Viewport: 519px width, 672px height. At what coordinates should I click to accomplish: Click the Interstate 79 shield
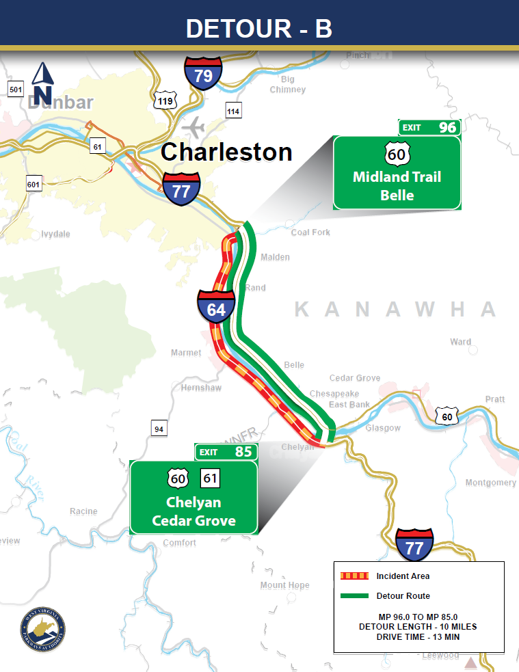(203, 75)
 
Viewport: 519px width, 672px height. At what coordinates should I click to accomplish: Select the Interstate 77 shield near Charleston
(181, 189)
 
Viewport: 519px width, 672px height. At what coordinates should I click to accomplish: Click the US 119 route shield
(165, 100)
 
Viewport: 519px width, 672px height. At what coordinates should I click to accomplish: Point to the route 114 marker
(234, 111)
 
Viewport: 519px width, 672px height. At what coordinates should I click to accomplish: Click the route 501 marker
(16, 89)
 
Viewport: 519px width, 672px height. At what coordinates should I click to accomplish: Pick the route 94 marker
(159, 429)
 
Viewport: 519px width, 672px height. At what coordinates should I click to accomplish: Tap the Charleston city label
(226, 152)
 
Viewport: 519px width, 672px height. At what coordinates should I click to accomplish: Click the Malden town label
(275, 257)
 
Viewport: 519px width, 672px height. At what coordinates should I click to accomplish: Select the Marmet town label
(186, 353)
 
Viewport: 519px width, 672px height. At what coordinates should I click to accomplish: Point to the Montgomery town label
(490, 483)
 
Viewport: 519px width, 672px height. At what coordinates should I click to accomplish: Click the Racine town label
(83, 511)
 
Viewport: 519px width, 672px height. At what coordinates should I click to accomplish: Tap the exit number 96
(448, 127)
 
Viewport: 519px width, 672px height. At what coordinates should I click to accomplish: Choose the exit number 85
(243, 452)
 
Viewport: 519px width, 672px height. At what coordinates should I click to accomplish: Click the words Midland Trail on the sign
(397, 177)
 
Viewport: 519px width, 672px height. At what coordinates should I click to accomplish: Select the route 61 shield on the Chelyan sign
(210, 478)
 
